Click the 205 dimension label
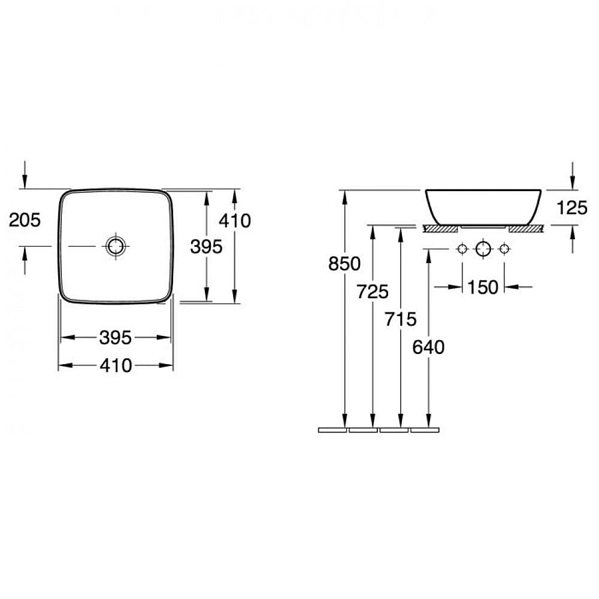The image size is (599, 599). point(25,220)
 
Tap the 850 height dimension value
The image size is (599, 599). point(344,264)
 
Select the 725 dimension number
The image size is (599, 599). point(373,292)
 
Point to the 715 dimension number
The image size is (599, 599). point(400,319)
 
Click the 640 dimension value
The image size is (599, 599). point(428,347)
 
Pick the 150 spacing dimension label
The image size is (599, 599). point(483,288)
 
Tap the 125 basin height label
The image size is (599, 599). point(572,208)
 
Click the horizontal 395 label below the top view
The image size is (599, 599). point(116,338)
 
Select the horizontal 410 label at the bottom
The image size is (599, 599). point(116,365)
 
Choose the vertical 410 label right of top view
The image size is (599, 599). point(235,221)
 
